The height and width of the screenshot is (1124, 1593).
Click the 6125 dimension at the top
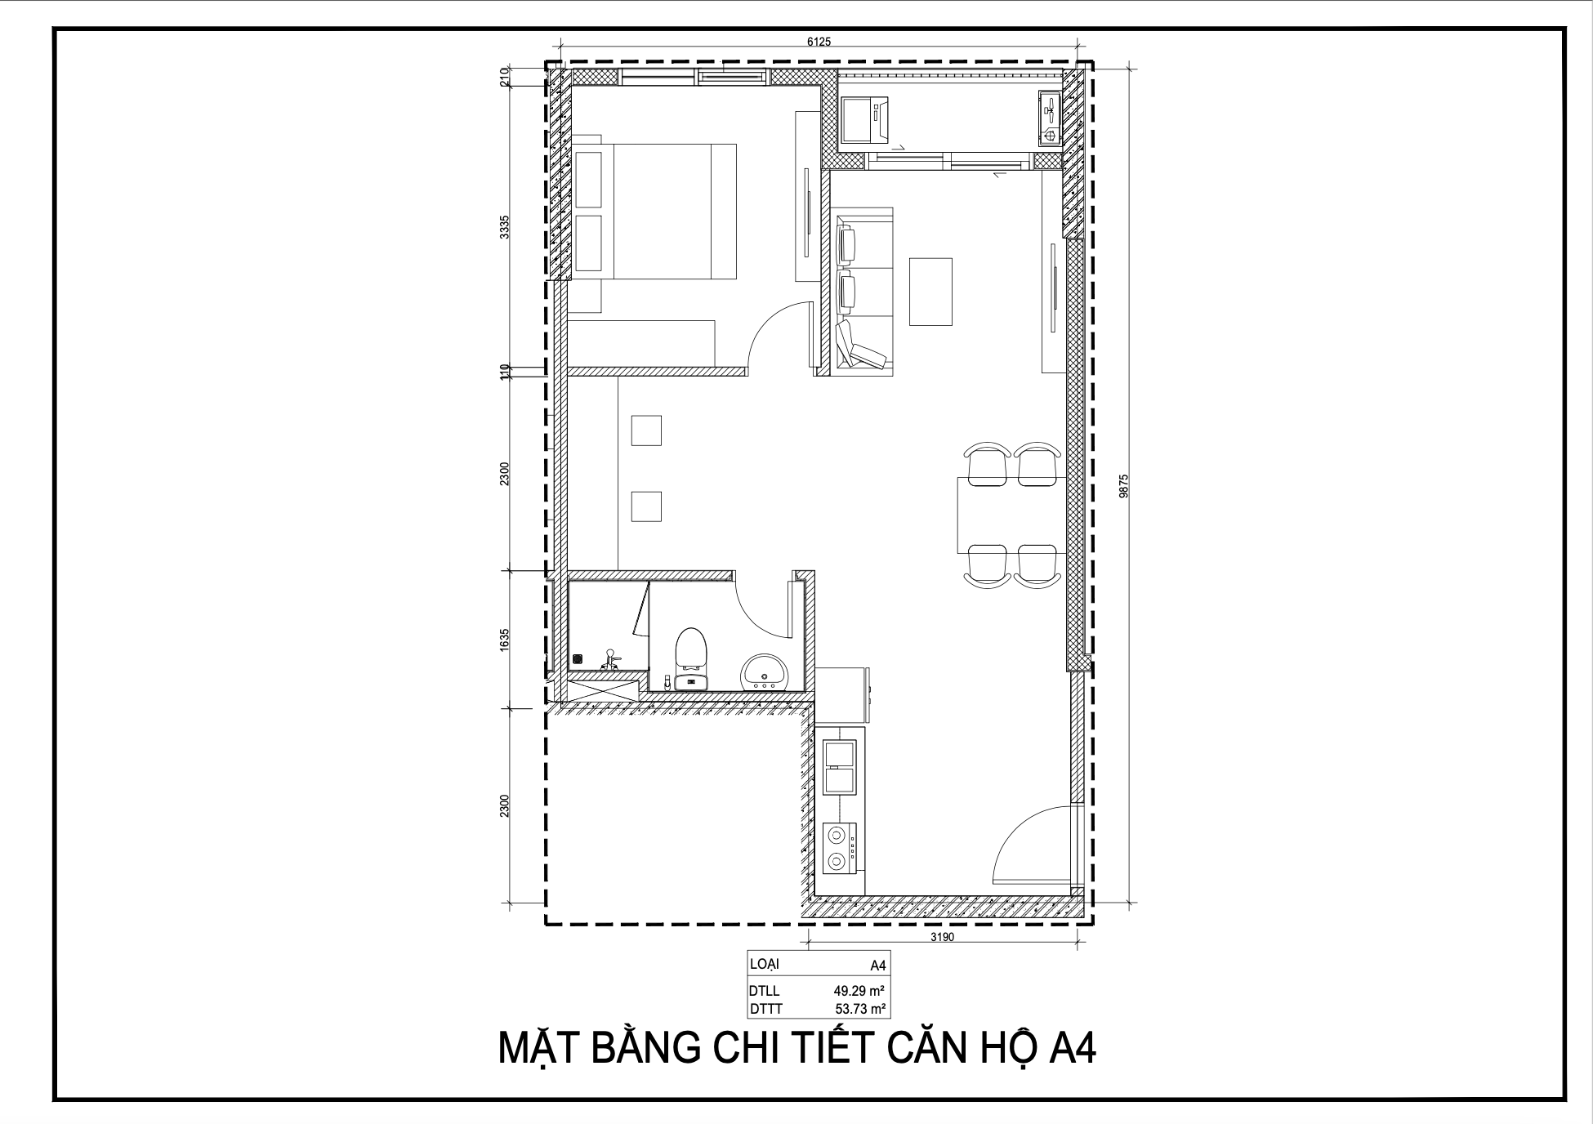[819, 42]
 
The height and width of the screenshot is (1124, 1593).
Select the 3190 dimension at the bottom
[942, 937]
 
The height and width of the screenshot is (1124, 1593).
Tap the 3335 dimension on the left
[505, 226]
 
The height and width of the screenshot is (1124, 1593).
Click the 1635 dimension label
[505, 638]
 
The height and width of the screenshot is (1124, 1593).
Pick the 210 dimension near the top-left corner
[505, 77]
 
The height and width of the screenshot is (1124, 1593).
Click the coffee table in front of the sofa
[930, 292]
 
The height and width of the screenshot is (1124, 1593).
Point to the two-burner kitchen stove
[838, 847]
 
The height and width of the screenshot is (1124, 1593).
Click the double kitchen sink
[840, 767]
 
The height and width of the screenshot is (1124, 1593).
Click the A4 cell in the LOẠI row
[877, 966]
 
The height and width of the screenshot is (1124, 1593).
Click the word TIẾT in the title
[821, 1050]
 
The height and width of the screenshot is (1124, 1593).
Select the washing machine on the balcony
[865, 119]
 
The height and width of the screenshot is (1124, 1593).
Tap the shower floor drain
[578, 658]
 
